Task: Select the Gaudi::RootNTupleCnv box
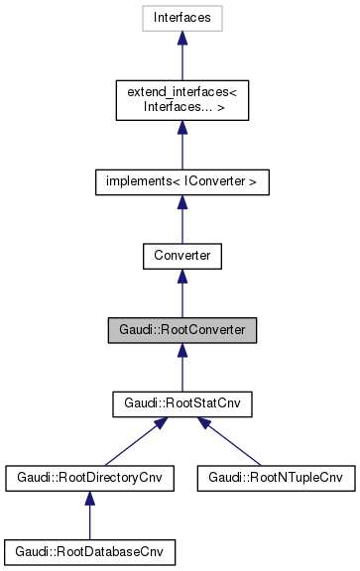pyautogui.click(x=275, y=478)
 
